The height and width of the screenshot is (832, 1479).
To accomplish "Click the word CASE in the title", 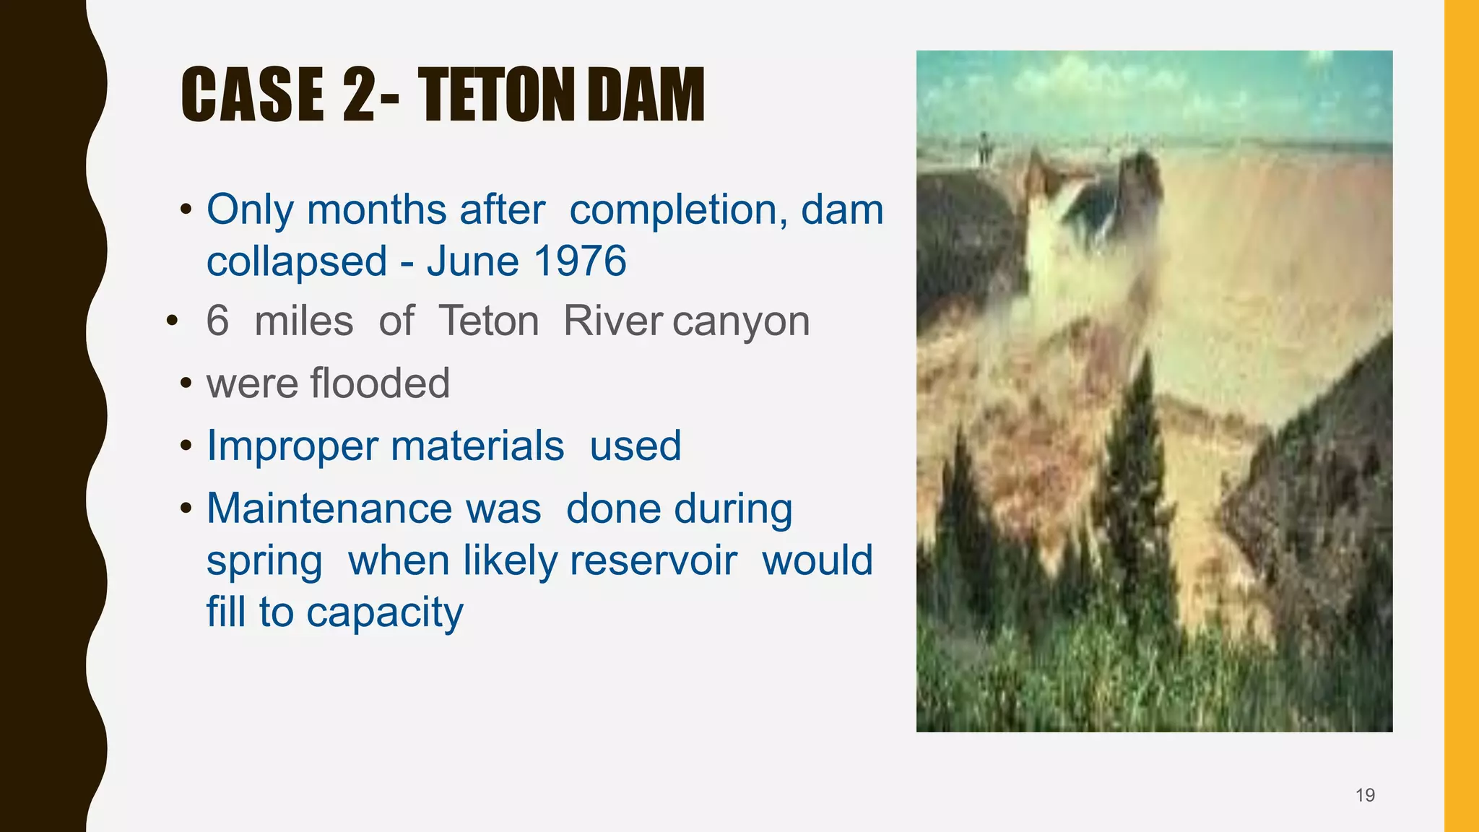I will pos(252,95).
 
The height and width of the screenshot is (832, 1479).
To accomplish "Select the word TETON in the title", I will pos(500,95).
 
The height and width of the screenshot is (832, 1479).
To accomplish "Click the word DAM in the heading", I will pos(646,95).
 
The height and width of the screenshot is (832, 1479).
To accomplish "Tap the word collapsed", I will pos(297,261).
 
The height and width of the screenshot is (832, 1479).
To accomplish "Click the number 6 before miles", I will pos(217,321).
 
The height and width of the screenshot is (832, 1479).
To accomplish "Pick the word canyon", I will pos(741,321).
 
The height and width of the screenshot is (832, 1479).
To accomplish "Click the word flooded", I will pos(379,383).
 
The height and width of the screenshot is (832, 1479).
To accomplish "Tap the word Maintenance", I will pos(373,508).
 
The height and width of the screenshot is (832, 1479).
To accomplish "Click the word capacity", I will pos(384,612).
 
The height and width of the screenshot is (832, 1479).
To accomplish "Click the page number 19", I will pos(1365,795).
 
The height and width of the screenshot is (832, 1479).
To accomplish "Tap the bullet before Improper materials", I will pos(186,445).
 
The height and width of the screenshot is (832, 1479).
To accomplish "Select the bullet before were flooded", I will pos(186,383).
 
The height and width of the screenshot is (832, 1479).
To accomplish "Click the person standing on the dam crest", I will pos(982,148).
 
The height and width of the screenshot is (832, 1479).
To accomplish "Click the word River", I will pos(612,321).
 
